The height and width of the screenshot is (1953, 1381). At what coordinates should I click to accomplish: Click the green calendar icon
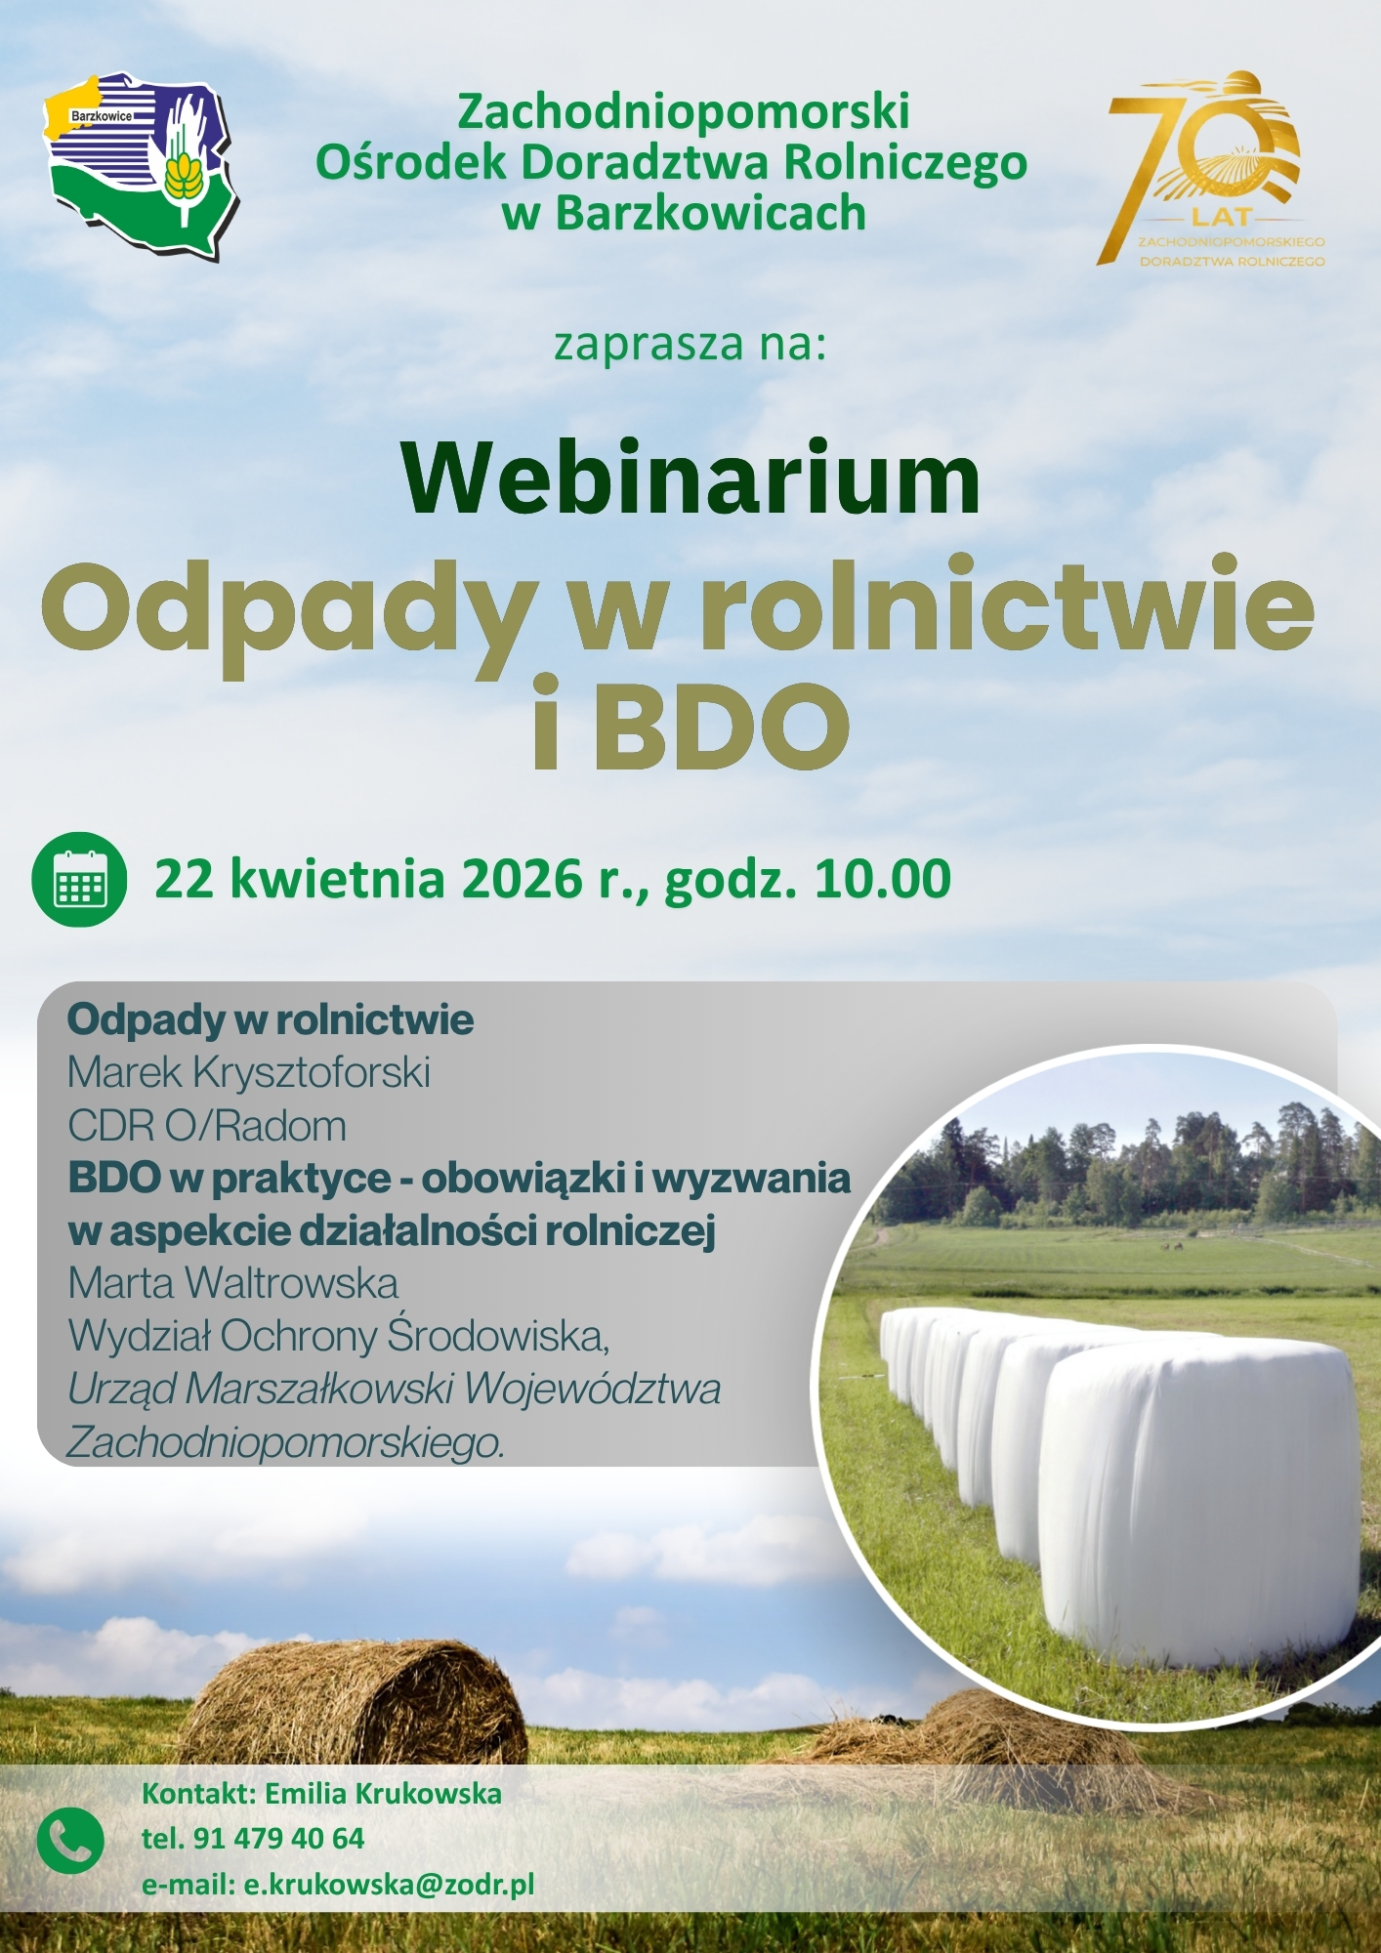79,879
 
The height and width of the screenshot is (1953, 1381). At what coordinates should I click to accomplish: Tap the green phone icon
70,1840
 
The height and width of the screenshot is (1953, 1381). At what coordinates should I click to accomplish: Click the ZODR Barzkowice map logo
144,163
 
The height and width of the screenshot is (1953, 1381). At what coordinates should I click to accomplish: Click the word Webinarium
690,478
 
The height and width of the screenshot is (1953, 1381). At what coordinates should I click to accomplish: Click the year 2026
522,878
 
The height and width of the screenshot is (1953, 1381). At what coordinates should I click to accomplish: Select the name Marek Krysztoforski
249,1073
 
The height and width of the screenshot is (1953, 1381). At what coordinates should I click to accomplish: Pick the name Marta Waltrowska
233,1283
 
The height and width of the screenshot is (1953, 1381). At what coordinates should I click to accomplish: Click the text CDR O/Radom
207,1126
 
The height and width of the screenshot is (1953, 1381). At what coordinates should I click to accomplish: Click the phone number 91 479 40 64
278,1839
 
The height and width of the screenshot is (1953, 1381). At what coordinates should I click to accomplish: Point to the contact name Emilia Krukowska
383,1794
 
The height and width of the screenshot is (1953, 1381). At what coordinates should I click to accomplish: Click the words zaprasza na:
690,344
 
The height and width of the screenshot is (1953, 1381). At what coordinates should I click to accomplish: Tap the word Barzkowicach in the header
710,213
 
